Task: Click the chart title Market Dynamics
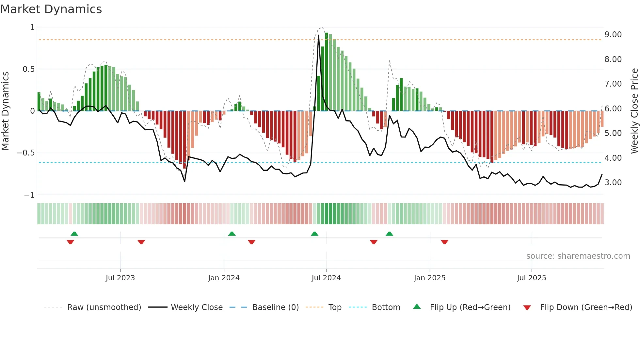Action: tap(51, 9)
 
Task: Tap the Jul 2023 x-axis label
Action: tap(120, 278)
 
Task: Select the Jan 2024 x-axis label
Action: tap(224, 278)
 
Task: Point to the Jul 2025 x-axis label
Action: tap(531, 278)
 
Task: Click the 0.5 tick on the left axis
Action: tap(28, 69)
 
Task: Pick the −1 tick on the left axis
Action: tap(29, 195)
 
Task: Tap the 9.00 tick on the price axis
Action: tap(613, 35)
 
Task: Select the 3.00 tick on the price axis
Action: tap(613, 183)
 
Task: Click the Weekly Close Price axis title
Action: tap(634, 111)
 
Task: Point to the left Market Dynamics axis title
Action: tap(5, 111)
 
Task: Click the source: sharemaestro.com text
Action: tap(578, 256)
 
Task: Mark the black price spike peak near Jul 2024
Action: tap(318, 35)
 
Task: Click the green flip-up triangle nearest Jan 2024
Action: tap(232, 234)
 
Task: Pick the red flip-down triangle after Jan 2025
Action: tap(444, 242)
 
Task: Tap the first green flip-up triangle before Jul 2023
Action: tap(74, 234)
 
